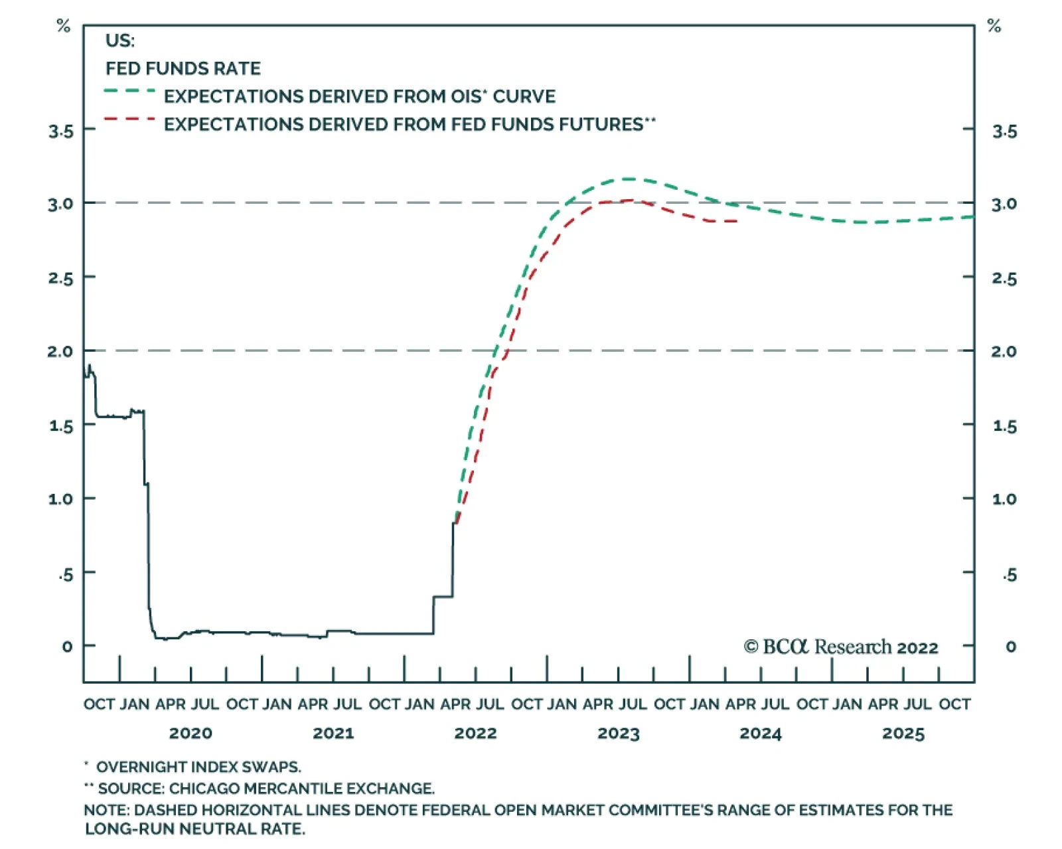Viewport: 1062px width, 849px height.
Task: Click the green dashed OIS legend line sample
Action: click(130, 91)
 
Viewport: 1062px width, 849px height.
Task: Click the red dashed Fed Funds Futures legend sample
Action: click(130, 119)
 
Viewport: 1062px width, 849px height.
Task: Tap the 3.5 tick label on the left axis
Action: click(61, 132)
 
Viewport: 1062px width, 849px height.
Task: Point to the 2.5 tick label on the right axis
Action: click(1005, 279)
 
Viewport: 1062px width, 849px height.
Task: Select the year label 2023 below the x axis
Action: click(619, 733)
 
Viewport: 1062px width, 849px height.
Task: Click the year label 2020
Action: click(191, 733)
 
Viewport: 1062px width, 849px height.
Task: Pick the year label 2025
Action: click(903, 733)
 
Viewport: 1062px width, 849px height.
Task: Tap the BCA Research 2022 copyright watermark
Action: click(841, 647)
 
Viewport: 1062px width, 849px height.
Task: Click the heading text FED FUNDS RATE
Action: click(183, 68)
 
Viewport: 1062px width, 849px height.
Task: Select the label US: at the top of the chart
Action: click(120, 40)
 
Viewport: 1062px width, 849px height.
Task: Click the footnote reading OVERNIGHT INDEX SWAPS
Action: click(198, 767)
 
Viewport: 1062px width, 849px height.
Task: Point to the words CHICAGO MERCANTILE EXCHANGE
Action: click(301, 789)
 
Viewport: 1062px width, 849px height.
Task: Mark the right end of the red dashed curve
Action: click(737, 220)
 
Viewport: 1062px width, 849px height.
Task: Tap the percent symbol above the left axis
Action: click(63, 25)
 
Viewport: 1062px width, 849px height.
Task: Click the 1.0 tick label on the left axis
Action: click(61, 499)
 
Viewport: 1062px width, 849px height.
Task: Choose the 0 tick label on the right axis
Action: click(1011, 647)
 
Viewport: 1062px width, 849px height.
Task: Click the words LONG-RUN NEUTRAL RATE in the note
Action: click(195, 829)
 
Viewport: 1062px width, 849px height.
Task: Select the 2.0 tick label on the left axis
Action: click(60, 351)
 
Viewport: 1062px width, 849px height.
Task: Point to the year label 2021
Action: click(334, 733)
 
